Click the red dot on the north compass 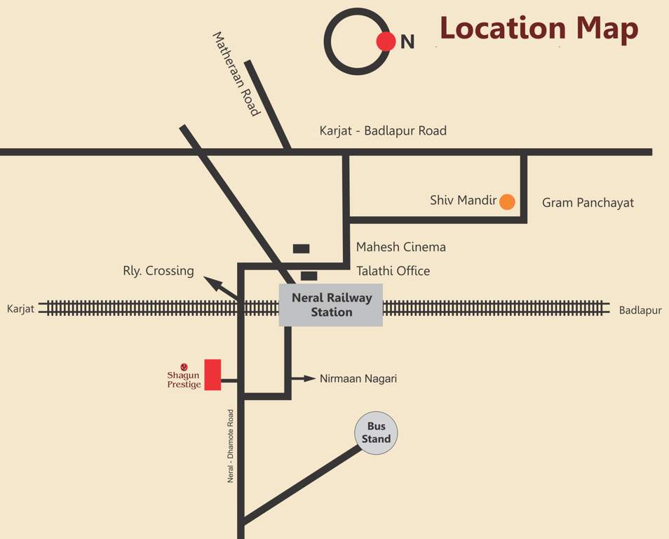386,41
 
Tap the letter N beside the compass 407,42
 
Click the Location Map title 539,29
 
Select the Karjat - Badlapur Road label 383,131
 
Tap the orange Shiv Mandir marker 507,202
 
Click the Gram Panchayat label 588,203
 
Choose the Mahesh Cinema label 400,247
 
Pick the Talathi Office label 393,271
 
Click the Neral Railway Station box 331,305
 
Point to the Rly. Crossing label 158,271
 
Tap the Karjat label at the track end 20,310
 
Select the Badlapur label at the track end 640,310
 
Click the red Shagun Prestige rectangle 212,375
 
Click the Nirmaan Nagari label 358,378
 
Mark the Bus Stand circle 376,433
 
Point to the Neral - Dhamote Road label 230,446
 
